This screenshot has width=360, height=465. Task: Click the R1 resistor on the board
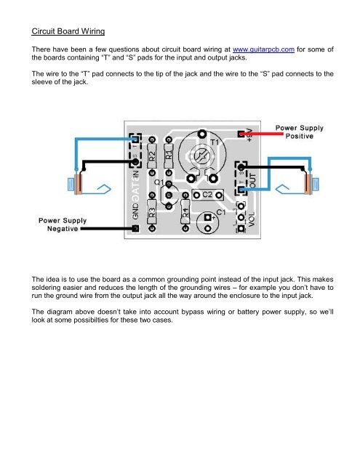[x=169, y=155]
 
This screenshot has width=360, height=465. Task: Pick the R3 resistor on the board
[x=152, y=213]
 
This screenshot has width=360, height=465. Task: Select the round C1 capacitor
[x=209, y=220]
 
